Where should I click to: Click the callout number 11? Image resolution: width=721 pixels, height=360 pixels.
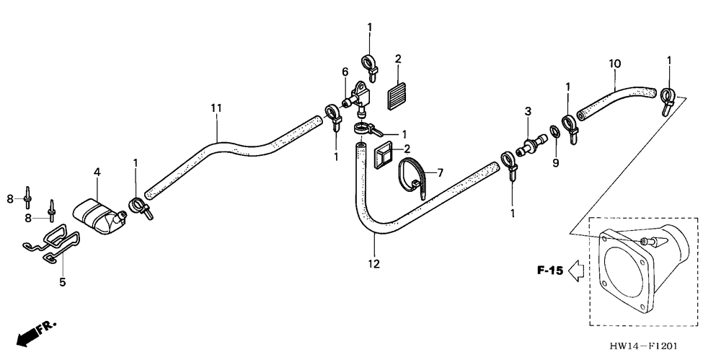pos(216,107)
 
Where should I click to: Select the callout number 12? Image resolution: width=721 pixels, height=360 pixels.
pos(373,264)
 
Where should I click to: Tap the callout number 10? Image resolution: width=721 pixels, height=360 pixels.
pos(614,63)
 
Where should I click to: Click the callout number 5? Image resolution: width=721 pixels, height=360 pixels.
pos(62,282)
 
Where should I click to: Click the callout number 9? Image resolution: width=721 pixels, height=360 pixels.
pos(556,163)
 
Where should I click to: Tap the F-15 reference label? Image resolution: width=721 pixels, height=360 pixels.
pos(549,271)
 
